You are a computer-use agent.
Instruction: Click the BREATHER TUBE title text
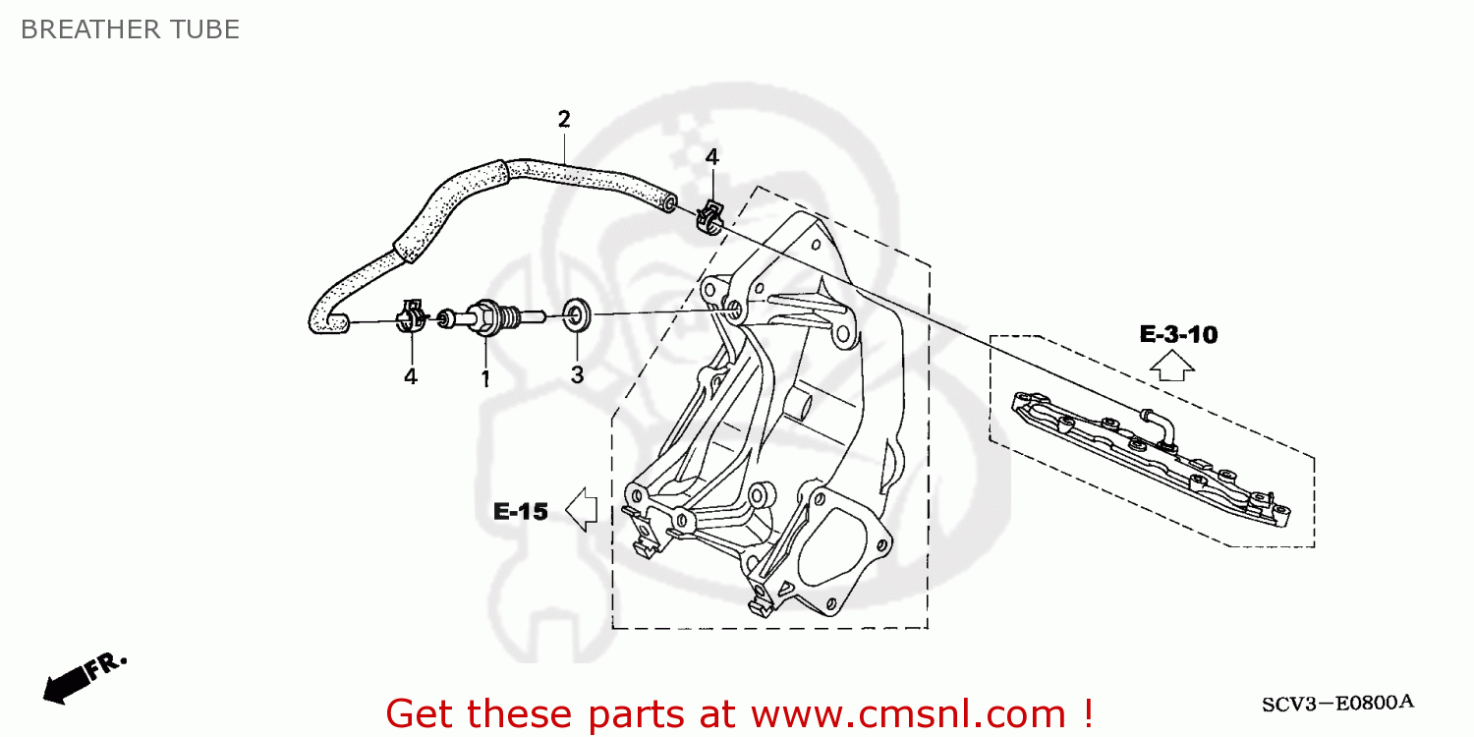130,29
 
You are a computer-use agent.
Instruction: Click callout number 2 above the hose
563,120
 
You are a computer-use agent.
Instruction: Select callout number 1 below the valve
484,377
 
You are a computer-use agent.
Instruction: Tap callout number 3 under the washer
577,375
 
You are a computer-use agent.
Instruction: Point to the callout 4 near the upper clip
711,156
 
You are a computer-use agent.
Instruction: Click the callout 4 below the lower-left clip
410,375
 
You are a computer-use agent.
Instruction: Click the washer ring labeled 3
577,316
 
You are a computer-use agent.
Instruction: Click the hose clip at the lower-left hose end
412,316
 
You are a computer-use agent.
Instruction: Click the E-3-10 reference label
1178,335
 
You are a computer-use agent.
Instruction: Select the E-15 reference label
520,511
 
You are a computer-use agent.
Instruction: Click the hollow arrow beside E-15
583,510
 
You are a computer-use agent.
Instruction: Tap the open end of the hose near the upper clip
668,202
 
